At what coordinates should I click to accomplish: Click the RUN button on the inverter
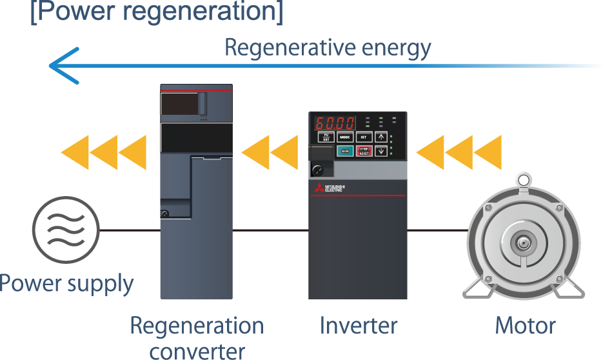[x=345, y=152]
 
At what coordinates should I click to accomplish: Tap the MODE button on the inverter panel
[x=345, y=137]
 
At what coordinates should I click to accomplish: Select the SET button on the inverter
[x=364, y=137]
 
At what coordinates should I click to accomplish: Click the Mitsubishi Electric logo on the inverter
[x=330, y=188]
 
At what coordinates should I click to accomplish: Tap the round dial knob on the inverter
[x=317, y=170]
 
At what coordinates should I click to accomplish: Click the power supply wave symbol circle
[x=66, y=230]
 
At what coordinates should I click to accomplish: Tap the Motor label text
[x=525, y=326]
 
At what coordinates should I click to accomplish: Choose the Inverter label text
[x=359, y=326]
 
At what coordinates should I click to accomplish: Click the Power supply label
[x=66, y=284]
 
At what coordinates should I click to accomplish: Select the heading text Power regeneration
[x=157, y=14]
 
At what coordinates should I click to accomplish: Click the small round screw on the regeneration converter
[x=165, y=214]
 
